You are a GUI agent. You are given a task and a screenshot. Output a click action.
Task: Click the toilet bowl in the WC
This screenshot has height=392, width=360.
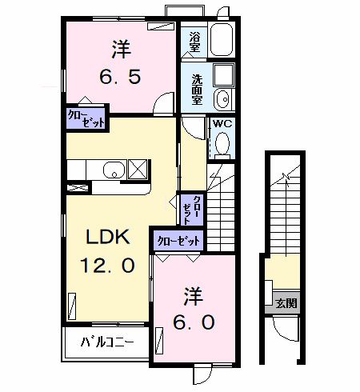click(223, 144)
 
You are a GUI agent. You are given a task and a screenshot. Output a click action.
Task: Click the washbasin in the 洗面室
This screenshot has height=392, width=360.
click(222, 98)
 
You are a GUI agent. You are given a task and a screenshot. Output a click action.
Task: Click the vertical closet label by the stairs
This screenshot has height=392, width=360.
click(190, 210)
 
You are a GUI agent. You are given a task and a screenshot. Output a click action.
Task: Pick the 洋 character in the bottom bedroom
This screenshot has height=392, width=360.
click(193, 294)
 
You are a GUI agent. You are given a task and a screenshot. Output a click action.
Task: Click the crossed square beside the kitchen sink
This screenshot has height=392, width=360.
click(138, 170)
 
